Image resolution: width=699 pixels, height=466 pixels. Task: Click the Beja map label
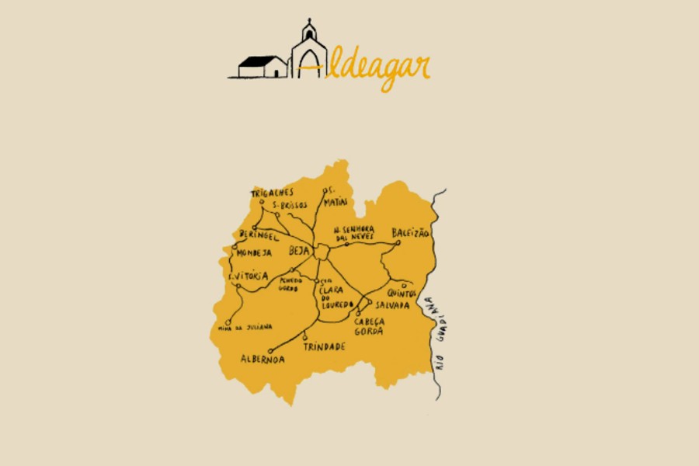[x=299, y=251]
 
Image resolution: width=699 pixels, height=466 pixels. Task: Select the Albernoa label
[x=263, y=360]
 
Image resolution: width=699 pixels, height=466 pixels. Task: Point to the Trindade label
[x=325, y=346]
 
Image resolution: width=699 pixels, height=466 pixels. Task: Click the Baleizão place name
[x=411, y=233]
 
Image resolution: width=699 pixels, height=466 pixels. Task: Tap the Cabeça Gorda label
[x=368, y=326]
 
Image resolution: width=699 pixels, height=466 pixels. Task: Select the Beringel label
[x=259, y=235]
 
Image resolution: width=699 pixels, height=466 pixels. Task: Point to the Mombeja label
[x=255, y=253]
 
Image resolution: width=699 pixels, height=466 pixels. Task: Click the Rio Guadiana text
[x=439, y=334]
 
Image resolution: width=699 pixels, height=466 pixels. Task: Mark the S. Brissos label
[x=289, y=205]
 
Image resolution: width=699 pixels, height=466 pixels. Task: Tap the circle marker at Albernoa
[x=270, y=351]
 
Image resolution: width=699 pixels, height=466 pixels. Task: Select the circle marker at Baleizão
[x=397, y=243]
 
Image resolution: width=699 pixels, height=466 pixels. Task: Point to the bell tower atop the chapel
[x=308, y=30]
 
